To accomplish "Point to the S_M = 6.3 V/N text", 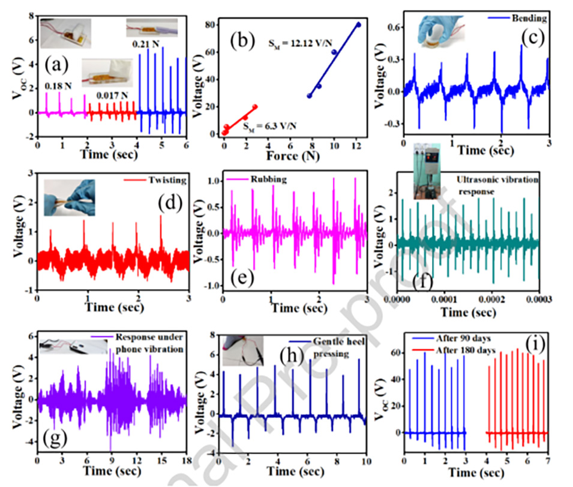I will pos(268,125).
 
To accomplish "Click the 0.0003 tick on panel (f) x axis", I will pos(538,297).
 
